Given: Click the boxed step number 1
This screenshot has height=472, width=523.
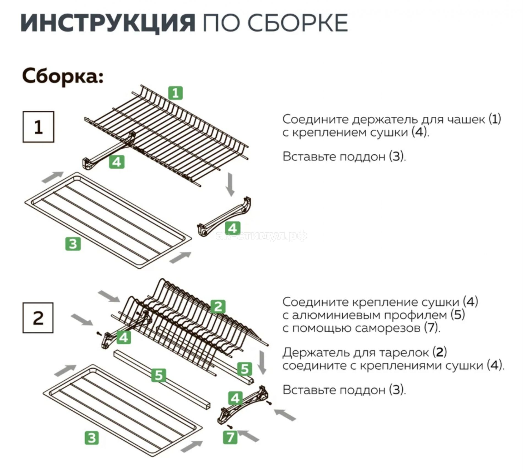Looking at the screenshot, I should pyautogui.click(x=38, y=127).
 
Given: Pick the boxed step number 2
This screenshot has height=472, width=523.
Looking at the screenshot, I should pyautogui.click(x=38, y=318).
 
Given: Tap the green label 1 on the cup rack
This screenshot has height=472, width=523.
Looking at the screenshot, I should pyautogui.click(x=176, y=93).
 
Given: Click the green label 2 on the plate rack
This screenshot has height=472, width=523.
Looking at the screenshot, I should pyautogui.click(x=218, y=306).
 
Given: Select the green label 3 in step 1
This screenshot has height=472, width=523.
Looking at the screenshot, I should pyautogui.click(x=73, y=244).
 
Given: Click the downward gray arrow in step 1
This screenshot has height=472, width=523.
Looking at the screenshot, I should pyautogui.click(x=230, y=184).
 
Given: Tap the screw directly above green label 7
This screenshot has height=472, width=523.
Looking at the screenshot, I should pyautogui.click(x=230, y=426).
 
